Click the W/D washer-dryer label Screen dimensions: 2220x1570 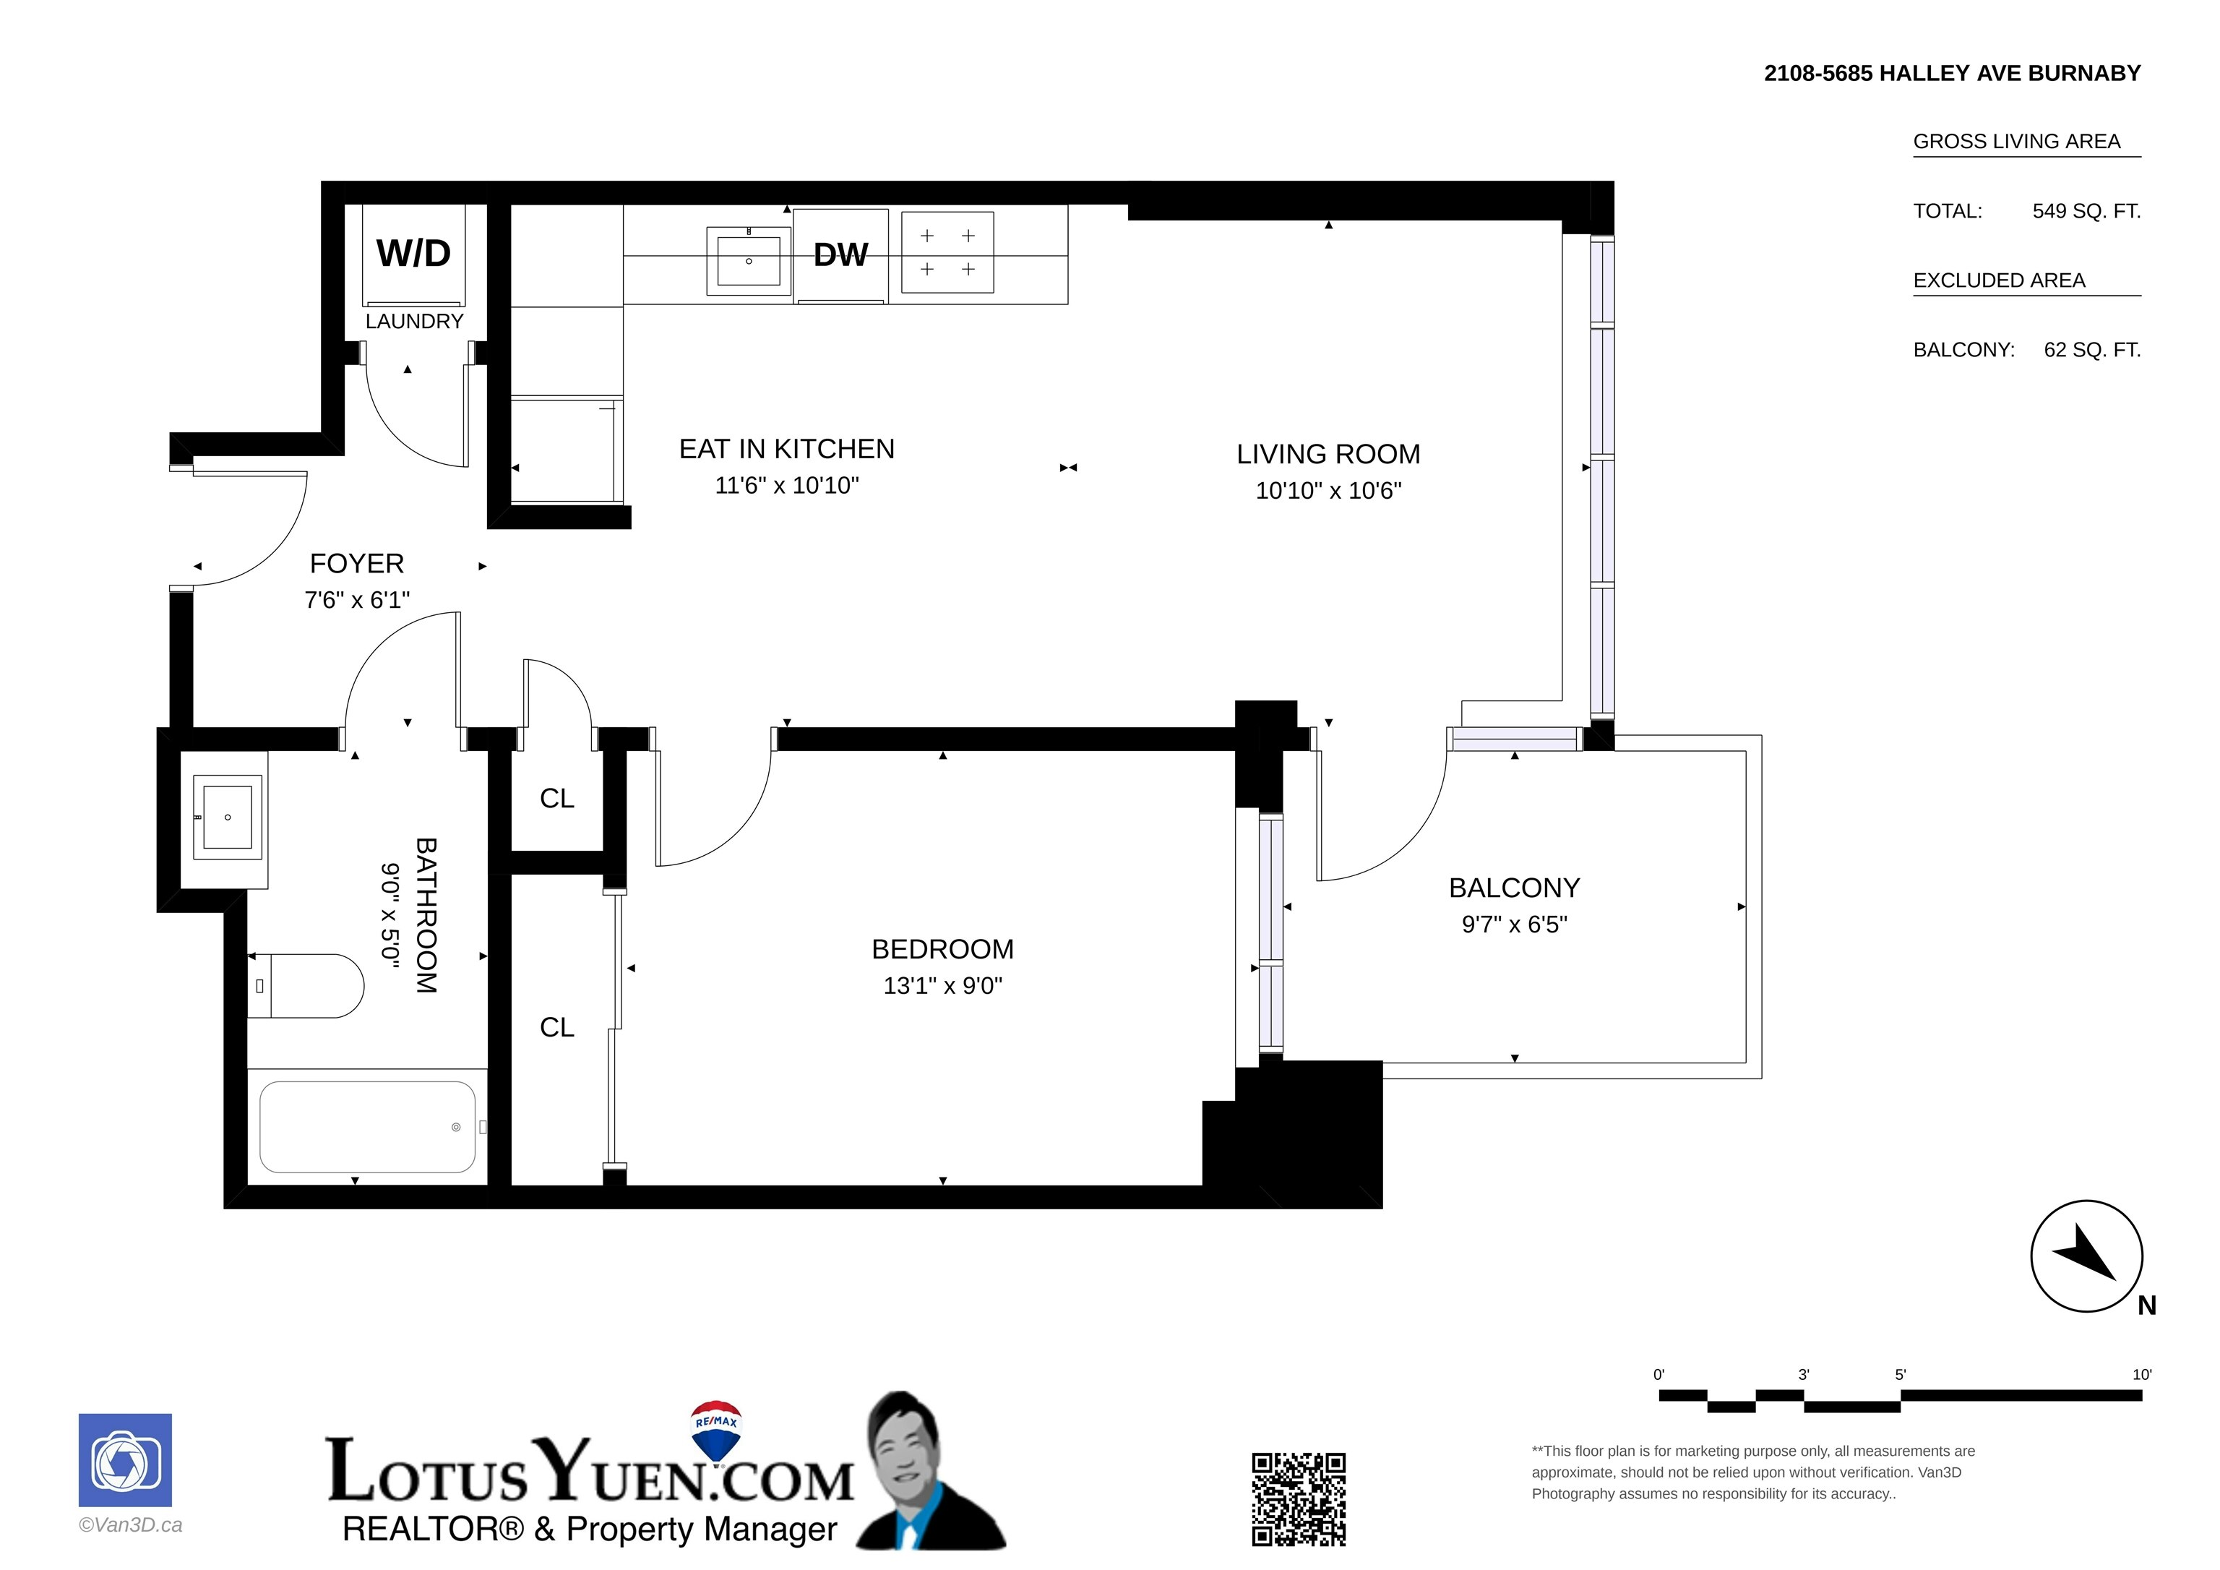tap(414, 254)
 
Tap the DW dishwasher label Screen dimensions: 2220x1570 tap(840, 254)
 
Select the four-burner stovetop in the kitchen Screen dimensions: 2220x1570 tap(947, 252)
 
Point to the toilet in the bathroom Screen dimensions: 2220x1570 tap(306, 986)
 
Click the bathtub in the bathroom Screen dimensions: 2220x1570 tap(367, 1127)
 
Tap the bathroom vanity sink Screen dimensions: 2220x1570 tap(228, 818)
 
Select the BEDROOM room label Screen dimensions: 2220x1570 tap(943, 949)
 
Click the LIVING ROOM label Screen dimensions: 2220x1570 tap(1328, 454)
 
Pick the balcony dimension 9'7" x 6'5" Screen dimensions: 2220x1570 tap(1514, 925)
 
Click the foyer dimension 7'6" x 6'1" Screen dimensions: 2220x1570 tap(357, 600)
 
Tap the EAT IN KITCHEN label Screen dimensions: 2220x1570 tap(787, 449)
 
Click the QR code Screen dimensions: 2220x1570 tap(1299, 1498)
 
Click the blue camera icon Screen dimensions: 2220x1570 tap(125, 1459)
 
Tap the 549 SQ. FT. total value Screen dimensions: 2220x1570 tap(2086, 211)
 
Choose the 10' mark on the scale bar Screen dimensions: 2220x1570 tap(2142, 1375)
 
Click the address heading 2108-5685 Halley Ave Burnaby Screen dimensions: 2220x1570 tap(1952, 74)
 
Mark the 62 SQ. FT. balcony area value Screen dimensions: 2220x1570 tap(2092, 350)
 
